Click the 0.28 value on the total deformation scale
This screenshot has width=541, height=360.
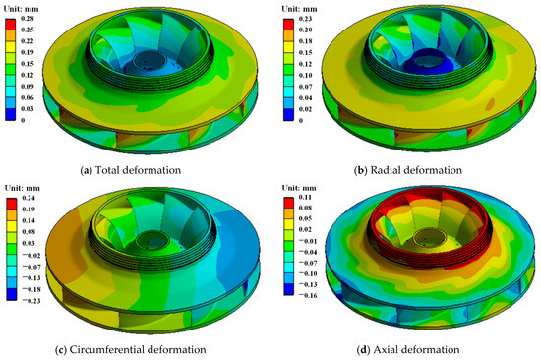(x=28, y=19)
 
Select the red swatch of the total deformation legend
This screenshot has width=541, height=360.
(x=11, y=25)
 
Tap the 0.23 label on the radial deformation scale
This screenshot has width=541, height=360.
(x=305, y=19)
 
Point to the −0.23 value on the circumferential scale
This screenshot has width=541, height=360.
(x=31, y=301)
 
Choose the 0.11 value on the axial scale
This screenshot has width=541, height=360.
(x=305, y=197)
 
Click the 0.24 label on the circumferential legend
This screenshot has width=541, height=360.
(x=29, y=198)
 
